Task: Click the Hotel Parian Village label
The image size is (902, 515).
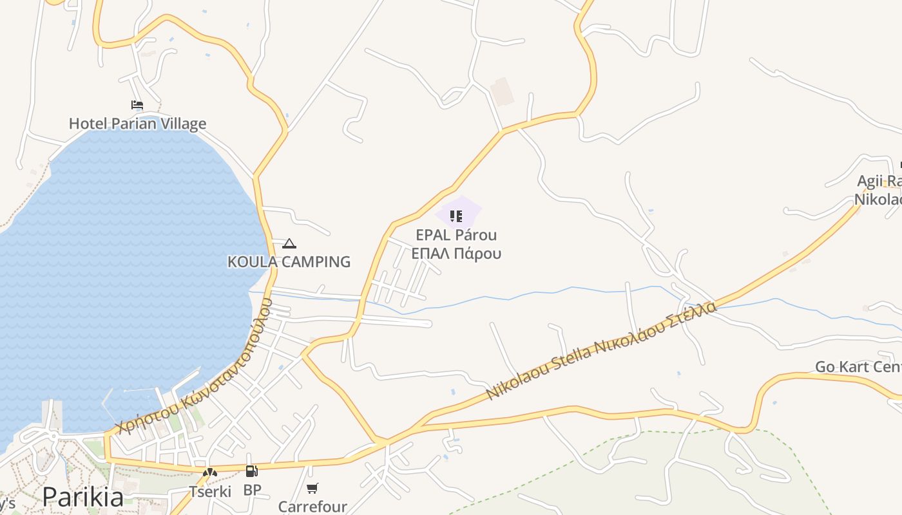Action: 137,124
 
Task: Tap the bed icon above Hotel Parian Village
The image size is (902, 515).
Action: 137,105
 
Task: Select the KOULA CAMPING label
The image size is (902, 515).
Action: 289,261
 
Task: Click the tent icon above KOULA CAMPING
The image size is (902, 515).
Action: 289,243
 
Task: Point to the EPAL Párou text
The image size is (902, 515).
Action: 456,235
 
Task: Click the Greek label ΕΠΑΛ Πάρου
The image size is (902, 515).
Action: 456,253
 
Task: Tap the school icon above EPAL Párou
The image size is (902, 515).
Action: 456,216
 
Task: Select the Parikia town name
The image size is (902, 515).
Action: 83,498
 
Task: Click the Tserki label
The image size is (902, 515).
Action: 210,492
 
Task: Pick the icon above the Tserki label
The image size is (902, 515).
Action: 210,473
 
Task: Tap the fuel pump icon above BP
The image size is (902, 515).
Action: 252,472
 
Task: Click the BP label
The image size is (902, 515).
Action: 252,490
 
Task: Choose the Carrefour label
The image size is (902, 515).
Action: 312,507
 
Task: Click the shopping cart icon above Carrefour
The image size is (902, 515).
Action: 312,489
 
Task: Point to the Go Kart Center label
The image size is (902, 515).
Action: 858,367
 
